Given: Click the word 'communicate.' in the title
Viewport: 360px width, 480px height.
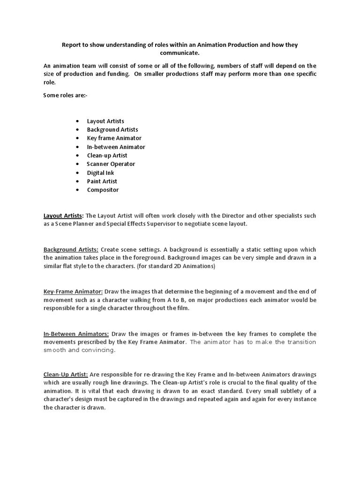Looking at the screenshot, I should coord(180,53).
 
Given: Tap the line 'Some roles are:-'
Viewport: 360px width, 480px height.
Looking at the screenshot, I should coord(65,95).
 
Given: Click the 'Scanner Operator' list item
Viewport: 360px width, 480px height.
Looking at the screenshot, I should coord(111,164).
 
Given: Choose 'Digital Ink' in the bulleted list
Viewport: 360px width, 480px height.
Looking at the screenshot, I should coord(100,172).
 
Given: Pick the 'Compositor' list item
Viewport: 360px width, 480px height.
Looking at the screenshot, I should coord(103,190).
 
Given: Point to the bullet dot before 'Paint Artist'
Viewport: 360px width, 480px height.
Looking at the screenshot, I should coord(77,181).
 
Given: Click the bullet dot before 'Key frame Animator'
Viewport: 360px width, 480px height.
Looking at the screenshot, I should coord(77,138).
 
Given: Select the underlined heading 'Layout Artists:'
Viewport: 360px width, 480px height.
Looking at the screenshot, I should coord(63,216).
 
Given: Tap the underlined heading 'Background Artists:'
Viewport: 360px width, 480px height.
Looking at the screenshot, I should coord(71,249).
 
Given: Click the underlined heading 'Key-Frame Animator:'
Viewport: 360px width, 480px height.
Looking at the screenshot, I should coord(73,291).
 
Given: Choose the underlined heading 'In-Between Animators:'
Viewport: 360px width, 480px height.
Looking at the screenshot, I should coord(76,334).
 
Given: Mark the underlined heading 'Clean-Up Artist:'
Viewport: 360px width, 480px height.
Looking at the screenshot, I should coord(65,374).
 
